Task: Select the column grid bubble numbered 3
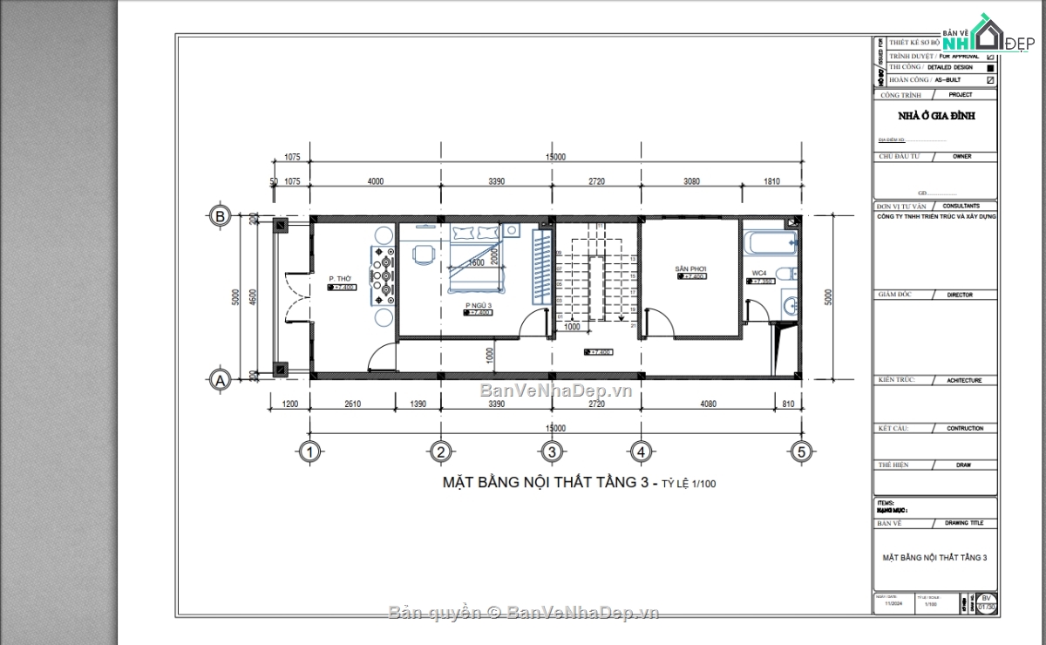click(551, 451)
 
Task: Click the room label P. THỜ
click(340, 279)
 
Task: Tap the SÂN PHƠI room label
click(690, 268)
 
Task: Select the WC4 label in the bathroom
click(760, 274)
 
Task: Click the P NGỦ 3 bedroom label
click(479, 305)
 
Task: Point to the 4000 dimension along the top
click(375, 181)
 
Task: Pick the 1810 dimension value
click(771, 181)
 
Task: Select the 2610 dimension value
click(354, 404)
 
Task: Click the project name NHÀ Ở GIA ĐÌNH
click(936, 115)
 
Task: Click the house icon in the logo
click(988, 33)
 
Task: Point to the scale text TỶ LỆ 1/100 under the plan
click(688, 484)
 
